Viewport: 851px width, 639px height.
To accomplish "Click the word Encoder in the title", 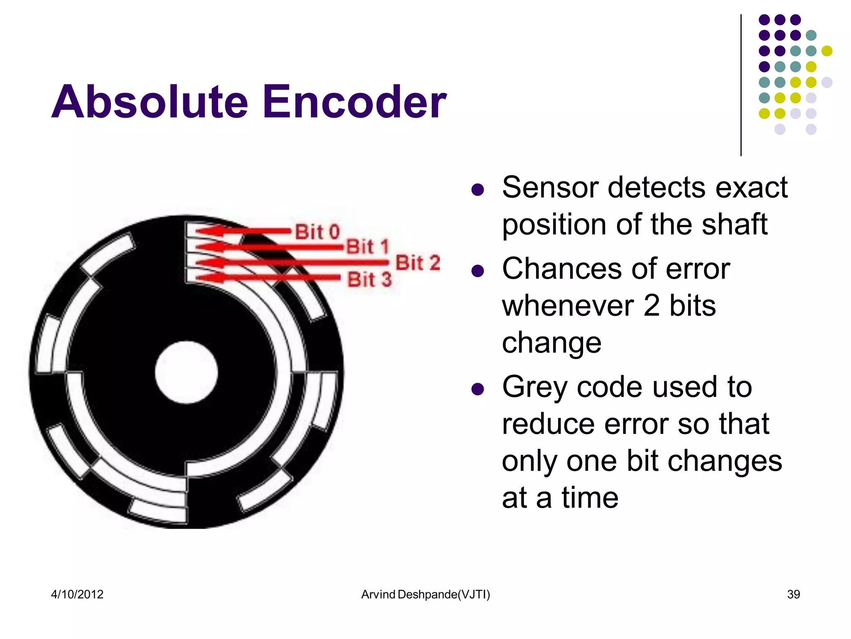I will pyautogui.click(x=354, y=102).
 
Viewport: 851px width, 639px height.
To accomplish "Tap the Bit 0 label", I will pyautogui.click(x=317, y=232).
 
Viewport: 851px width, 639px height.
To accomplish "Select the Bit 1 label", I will pyautogui.click(x=367, y=247).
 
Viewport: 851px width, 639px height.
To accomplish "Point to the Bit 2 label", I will pyautogui.click(x=417, y=263).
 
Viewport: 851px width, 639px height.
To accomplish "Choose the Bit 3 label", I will pyautogui.click(x=369, y=279).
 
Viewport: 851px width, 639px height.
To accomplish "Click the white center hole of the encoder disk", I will pyautogui.click(x=186, y=372).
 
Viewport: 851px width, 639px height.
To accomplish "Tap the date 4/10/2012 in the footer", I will pyautogui.click(x=77, y=594).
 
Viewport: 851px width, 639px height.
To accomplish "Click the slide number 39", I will pyautogui.click(x=793, y=594).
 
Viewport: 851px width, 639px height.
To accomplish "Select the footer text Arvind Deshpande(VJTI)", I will pyautogui.click(x=425, y=594).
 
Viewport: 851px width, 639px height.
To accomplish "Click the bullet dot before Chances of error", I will pyautogui.click(x=478, y=271).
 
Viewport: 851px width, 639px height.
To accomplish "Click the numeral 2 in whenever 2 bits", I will pyautogui.click(x=652, y=306).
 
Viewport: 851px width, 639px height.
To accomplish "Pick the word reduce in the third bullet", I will pyautogui.click(x=548, y=424).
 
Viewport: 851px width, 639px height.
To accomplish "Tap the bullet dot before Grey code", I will pyautogui.click(x=478, y=389).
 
